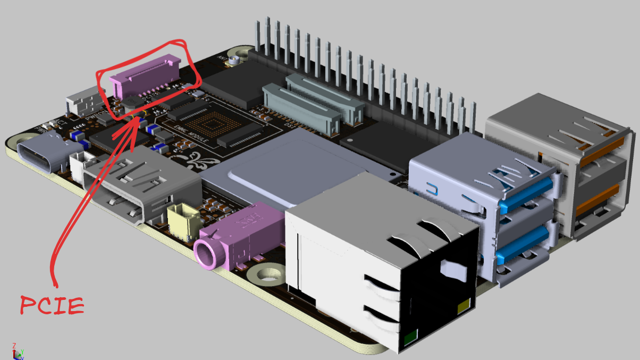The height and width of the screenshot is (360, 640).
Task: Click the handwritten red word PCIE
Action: (52, 305)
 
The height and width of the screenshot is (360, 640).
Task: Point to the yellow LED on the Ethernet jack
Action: (464, 307)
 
